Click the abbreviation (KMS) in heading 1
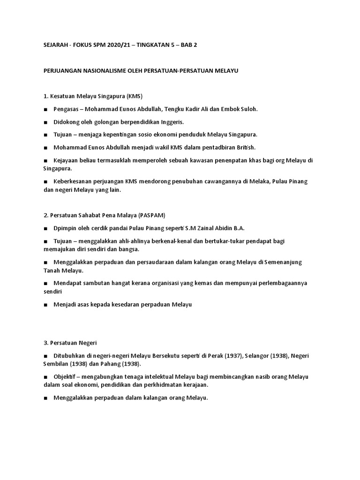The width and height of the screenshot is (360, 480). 133,96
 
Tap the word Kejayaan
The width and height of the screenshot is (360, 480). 67,160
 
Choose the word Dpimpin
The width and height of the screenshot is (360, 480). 65,228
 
